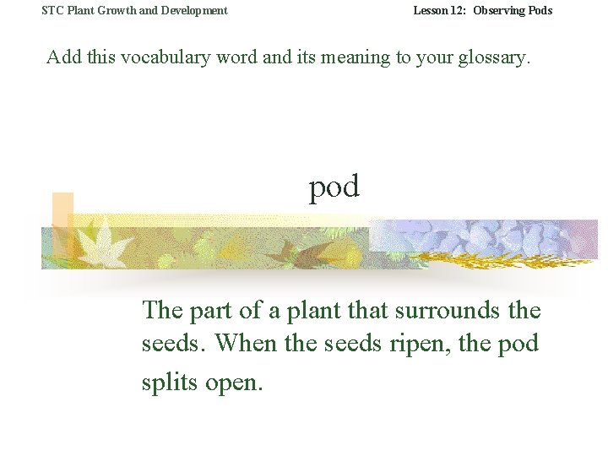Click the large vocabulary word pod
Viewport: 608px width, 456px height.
pos(334,187)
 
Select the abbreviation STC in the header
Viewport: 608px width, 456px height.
pos(52,11)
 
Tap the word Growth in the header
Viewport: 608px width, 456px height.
pos(113,11)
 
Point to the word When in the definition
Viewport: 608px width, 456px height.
pos(250,345)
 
